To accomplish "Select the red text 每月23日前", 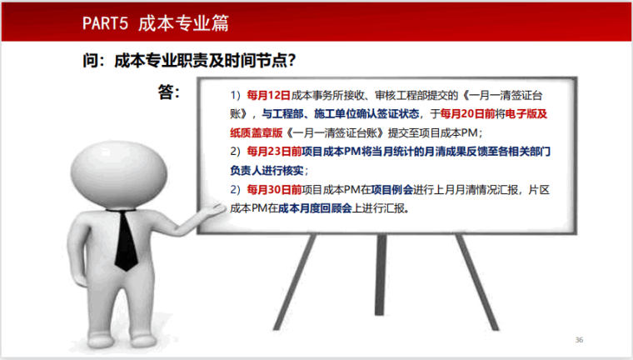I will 274,152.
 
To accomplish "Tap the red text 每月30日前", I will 274,190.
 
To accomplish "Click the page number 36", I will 580,340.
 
